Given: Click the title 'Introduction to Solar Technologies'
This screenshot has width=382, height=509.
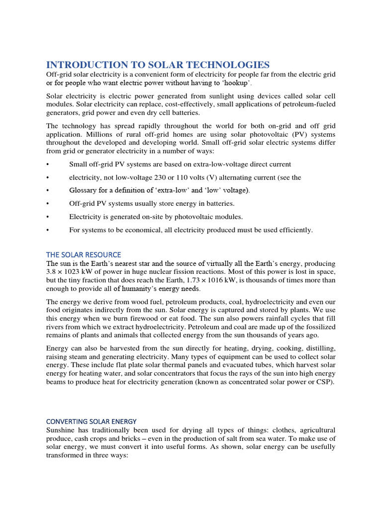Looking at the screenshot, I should coord(158,65).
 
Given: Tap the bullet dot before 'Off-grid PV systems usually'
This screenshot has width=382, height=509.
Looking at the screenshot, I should coord(48,204).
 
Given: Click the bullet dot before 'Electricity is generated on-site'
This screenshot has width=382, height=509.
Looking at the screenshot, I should coord(48,217).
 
